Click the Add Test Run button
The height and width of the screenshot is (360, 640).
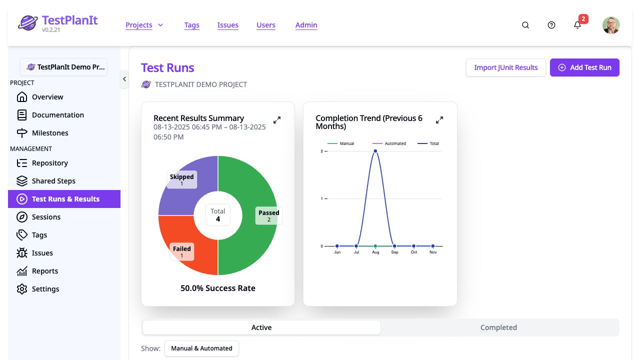(x=584, y=67)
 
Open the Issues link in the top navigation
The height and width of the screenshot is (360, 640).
(x=227, y=25)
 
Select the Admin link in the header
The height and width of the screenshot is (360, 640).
(x=306, y=25)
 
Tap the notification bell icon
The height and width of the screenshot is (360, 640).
(x=577, y=25)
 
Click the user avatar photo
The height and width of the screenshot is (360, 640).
(x=611, y=25)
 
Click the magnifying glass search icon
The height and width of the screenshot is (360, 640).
(x=525, y=25)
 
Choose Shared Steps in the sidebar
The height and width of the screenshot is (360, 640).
(x=53, y=181)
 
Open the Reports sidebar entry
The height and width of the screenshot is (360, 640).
(x=45, y=271)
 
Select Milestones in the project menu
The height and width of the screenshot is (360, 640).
(x=50, y=133)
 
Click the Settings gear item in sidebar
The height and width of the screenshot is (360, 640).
(x=45, y=289)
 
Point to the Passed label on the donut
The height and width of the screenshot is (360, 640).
(x=268, y=215)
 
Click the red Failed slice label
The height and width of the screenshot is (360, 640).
(x=182, y=251)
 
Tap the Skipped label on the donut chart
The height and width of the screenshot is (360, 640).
(x=181, y=179)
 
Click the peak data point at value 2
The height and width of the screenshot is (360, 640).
(x=375, y=151)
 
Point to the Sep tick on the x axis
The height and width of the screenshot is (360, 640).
(x=394, y=252)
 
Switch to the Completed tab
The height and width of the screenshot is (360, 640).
(x=498, y=327)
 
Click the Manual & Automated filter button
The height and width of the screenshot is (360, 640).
(x=201, y=348)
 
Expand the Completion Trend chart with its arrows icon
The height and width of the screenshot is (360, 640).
(x=439, y=120)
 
